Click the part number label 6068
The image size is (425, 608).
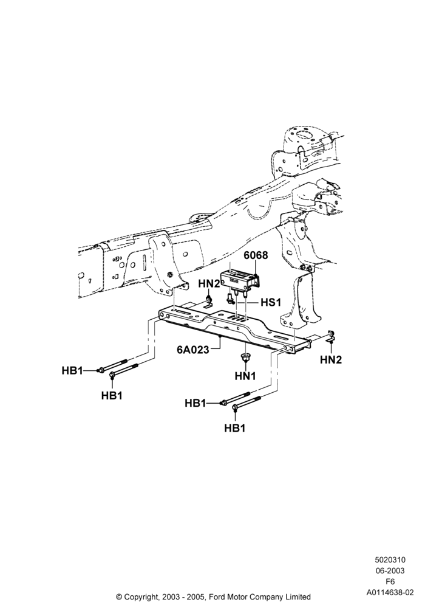(256, 255)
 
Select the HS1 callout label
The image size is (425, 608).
(271, 302)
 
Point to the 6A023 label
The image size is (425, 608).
(192, 350)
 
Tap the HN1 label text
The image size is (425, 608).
(245, 376)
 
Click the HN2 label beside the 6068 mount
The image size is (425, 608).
(209, 284)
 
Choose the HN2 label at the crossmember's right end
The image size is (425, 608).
(331, 360)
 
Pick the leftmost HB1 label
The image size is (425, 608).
(72, 371)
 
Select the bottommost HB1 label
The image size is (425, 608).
(235, 428)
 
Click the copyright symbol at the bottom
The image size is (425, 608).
(119, 597)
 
